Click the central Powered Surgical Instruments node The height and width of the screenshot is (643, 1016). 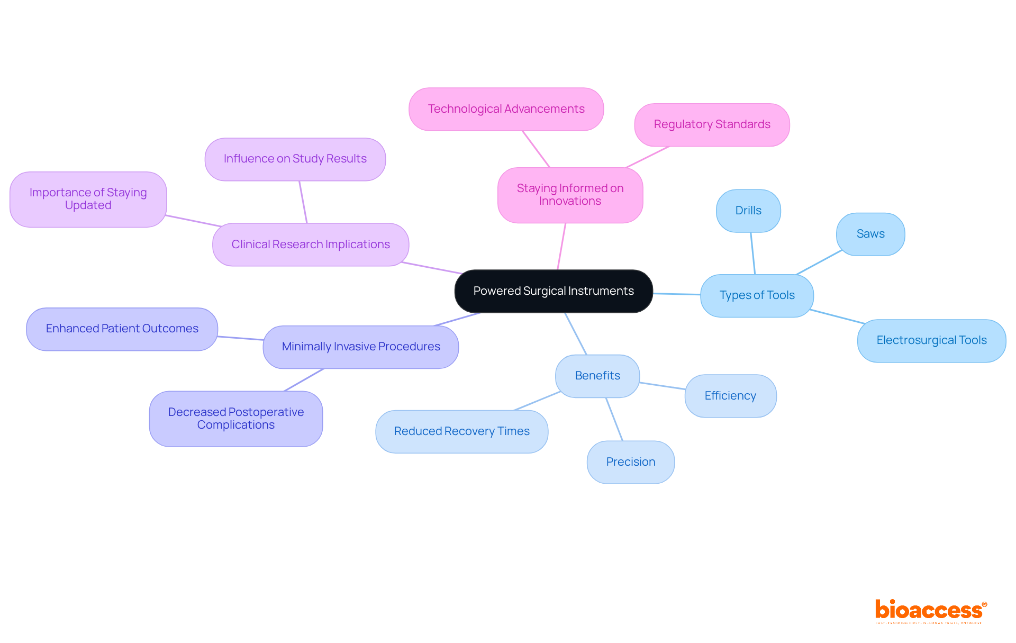(554, 291)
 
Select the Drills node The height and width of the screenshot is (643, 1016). (748, 211)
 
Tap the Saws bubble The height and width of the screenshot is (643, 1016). (870, 234)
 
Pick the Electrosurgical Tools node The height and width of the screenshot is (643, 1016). (931, 340)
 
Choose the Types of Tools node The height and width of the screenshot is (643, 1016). (757, 295)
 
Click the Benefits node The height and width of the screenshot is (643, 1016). (597, 376)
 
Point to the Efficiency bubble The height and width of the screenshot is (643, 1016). (730, 396)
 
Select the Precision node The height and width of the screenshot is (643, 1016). (631, 462)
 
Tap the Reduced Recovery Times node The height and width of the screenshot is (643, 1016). (461, 431)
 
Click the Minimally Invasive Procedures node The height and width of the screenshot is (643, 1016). (361, 347)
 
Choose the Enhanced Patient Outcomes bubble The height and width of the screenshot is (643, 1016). (122, 329)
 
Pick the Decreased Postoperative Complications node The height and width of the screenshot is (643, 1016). (236, 419)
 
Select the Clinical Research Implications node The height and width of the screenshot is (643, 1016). (311, 244)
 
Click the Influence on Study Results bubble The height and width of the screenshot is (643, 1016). (295, 159)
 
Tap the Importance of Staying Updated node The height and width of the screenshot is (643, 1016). (88, 199)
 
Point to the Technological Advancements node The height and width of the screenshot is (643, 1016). (506, 109)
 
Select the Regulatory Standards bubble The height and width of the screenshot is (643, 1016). (712, 124)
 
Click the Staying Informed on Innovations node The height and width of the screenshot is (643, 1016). (570, 195)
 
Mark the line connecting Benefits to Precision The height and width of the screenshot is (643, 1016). (614, 419)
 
